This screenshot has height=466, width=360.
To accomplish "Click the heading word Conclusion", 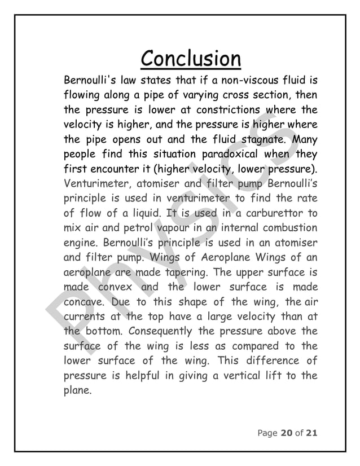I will click(190, 58).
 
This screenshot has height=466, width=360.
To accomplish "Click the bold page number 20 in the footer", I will click(286, 433).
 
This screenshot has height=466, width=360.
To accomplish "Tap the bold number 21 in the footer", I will click(310, 433).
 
